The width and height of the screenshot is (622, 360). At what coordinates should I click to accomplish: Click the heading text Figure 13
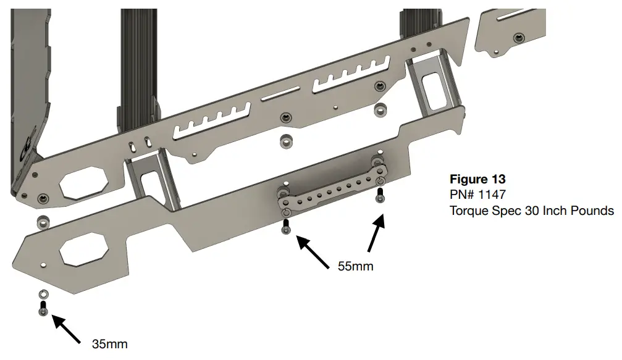coord(477,180)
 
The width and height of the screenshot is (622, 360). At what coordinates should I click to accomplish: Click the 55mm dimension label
coord(356,267)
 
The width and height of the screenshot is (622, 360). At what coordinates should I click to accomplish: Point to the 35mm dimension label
coord(110,344)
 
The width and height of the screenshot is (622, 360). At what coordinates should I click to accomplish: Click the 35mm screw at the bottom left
coord(43,309)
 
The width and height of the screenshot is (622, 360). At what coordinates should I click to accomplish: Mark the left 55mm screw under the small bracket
coord(285,226)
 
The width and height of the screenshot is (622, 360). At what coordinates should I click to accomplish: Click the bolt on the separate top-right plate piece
coord(518,38)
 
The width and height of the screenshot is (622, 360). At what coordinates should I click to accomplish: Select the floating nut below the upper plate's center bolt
coord(285,140)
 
